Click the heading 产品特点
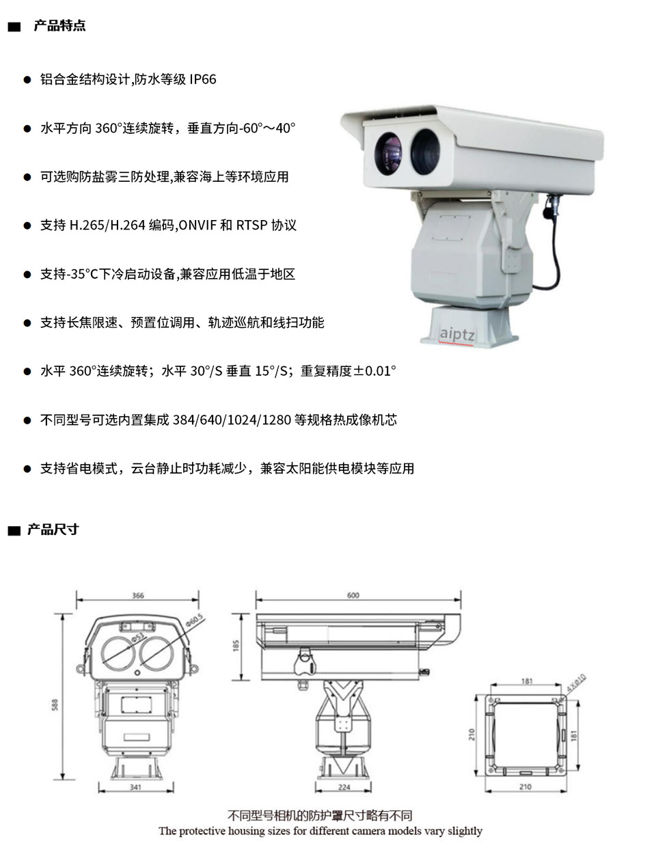pos(59,26)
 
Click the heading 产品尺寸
pos(53,530)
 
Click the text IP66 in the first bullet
pos(203,79)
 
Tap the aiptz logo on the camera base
pos(456,335)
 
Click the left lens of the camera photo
pos(389,152)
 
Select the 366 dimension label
pos(138,595)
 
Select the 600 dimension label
pos(353,595)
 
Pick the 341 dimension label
pos(136,787)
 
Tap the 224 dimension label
pos(344,787)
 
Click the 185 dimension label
pos(236,646)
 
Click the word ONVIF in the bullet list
pos(197,225)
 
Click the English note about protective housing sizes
pos(320,831)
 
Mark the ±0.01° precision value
pos(372,371)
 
